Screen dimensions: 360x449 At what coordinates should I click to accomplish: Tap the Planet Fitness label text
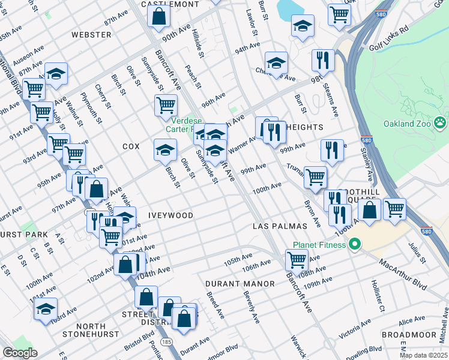[319, 245]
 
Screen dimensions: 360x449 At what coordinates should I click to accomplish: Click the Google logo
[20, 353]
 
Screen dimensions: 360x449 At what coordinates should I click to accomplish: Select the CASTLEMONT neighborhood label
[170, 4]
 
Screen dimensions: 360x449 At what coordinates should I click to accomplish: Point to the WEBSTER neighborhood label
[91, 35]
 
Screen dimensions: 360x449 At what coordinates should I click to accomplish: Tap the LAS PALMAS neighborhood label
[279, 226]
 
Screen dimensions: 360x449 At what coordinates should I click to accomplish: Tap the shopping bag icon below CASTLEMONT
[158, 18]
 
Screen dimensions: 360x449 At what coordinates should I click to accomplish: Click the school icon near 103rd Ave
[46, 310]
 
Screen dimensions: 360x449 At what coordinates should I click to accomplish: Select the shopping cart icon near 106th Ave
[297, 260]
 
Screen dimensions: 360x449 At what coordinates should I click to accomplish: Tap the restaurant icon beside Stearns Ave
[323, 60]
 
